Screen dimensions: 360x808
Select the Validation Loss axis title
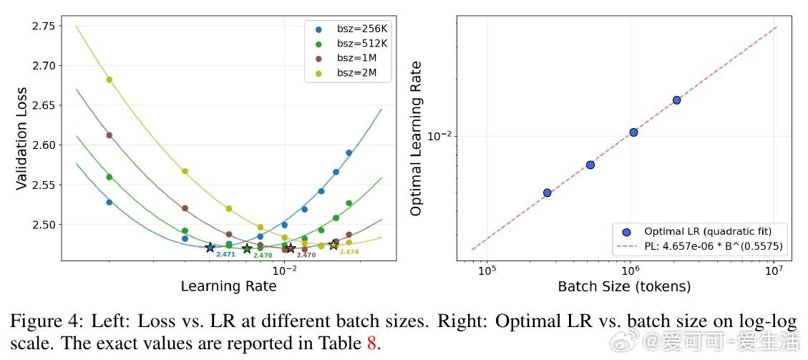click(21, 138)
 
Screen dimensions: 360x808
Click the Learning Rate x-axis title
click(228, 286)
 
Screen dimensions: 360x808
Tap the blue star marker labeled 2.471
click(210, 248)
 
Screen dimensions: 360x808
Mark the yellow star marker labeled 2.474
click(334, 245)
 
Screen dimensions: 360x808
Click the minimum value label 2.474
click(349, 252)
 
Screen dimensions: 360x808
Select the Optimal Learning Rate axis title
click(417, 138)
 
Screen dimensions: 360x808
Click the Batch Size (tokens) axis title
click(624, 287)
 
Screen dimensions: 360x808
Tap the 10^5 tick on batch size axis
click(487, 271)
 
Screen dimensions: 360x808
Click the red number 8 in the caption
click(371, 342)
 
